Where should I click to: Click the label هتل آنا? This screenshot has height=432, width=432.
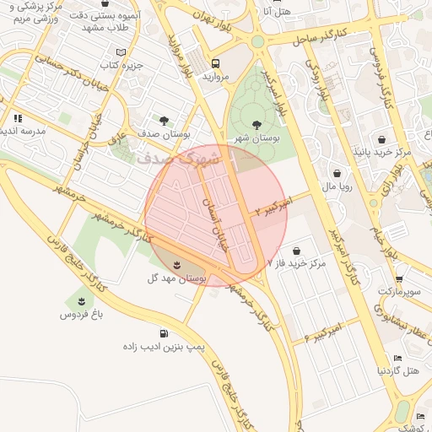click(276, 11)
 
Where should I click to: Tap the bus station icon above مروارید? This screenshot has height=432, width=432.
click(216, 62)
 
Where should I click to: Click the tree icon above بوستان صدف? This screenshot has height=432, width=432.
click(164, 121)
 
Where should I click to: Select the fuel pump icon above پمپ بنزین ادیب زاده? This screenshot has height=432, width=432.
click(164, 334)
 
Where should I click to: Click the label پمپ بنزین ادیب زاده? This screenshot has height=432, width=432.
click(164, 348)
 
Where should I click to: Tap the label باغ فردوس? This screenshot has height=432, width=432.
click(80, 314)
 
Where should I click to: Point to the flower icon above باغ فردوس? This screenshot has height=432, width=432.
click(81, 301)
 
